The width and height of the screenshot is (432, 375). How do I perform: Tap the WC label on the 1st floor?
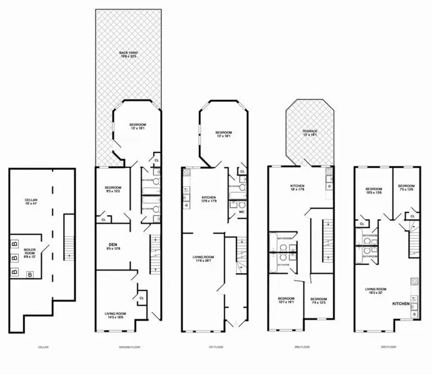pyautogui.click(x=241, y=212)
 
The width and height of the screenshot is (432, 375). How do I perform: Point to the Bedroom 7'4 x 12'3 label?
pyautogui.click(x=319, y=301)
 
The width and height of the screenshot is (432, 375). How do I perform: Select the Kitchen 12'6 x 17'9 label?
pyautogui.click(x=209, y=199)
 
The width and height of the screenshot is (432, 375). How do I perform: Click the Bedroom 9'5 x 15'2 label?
pyautogui.click(x=113, y=191)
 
